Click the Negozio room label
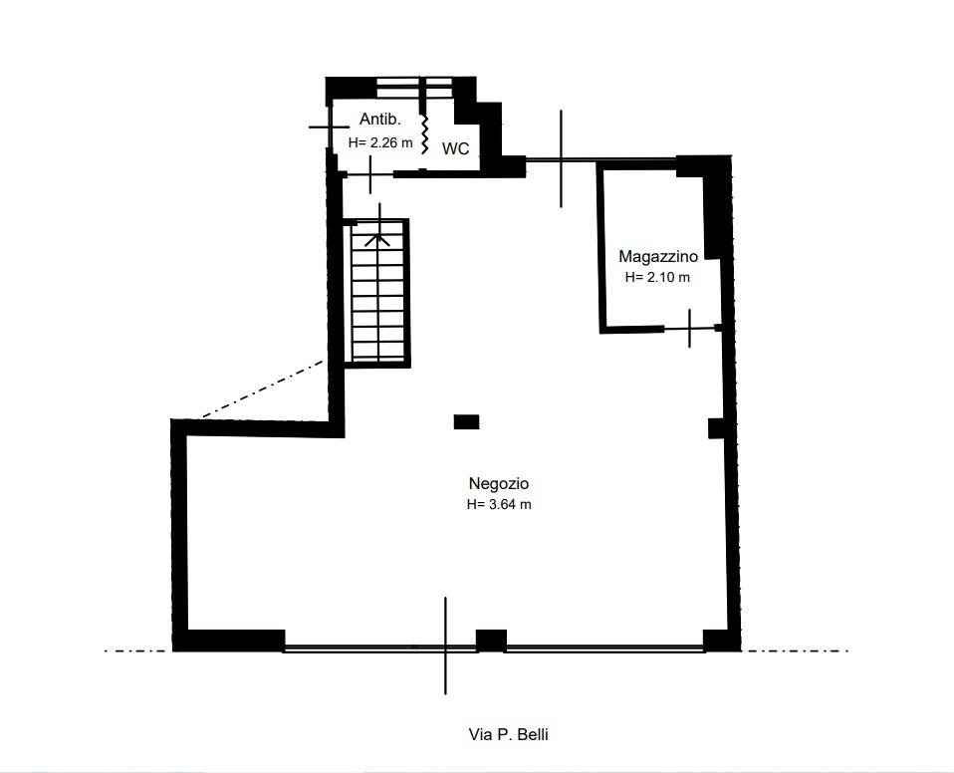(x=498, y=484)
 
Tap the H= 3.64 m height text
(x=499, y=505)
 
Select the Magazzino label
(x=658, y=256)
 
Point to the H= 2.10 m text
(x=657, y=278)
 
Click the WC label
(x=456, y=148)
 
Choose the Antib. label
(x=380, y=119)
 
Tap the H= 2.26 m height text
(x=380, y=143)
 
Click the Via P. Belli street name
(x=509, y=735)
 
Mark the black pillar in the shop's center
(x=467, y=421)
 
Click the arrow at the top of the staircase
(x=377, y=239)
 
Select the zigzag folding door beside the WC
(x=424, y=133)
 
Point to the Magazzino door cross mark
(x=689, y=329)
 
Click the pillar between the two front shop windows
(x=491, y=641)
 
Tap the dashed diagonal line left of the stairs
(x=262, y=388)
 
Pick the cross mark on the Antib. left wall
(x=330, y=128)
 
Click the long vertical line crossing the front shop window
(x=445, y=645)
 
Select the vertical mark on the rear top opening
(x=561, y=158)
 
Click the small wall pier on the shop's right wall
(x=717, y=428)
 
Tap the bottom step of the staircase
(x=378, y=352)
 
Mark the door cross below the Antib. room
(x=370, y=174)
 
